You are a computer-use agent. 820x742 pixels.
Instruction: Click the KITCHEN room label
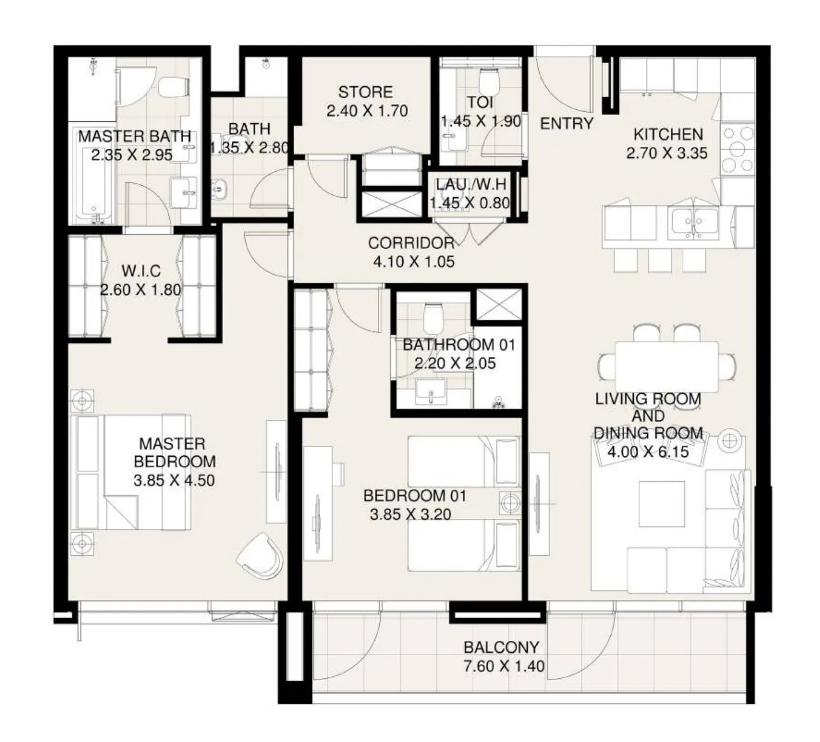point(668,135)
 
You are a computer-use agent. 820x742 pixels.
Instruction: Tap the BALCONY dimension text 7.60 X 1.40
point(504,666)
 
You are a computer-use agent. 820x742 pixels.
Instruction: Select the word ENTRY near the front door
point(566,124)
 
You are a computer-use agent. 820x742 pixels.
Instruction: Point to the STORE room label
point(365,93)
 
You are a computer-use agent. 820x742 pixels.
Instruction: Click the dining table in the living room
point(667,366)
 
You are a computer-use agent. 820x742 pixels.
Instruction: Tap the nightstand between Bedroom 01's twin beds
point(509,503)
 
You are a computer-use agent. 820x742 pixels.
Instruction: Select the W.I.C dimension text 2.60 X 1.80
point(140,290)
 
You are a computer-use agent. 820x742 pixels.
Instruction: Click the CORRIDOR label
point(411,243)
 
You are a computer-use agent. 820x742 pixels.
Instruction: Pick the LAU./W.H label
point(471,185)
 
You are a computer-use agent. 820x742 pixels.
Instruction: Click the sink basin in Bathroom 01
point(430,393)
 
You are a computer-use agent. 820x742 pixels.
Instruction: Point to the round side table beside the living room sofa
point(730,441)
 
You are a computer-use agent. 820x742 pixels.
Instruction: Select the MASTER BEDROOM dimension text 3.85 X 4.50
point(173,480)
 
